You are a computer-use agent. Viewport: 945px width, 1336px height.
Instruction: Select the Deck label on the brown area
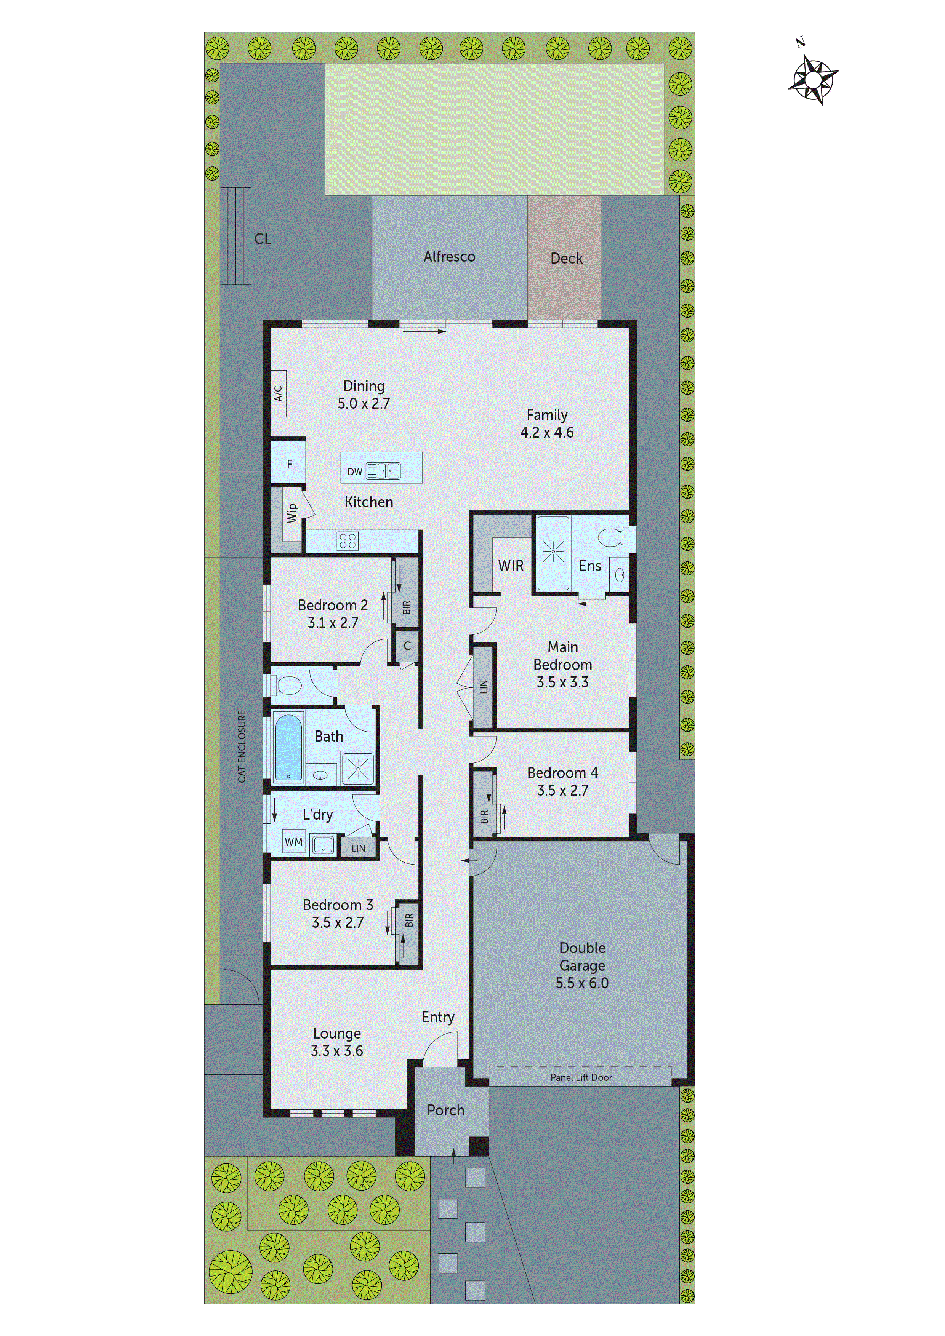point(566,258)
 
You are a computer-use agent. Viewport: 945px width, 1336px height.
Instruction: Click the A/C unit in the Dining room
point(278,393)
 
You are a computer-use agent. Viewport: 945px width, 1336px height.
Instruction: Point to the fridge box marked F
point(289,464)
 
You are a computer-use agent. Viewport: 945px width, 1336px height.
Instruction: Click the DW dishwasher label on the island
point(355,471)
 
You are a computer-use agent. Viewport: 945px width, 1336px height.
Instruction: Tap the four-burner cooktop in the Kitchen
point(348,541)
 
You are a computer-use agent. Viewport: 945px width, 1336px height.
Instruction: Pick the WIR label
point(511,566)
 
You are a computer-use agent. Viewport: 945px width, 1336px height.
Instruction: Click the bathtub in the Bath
point(288,747)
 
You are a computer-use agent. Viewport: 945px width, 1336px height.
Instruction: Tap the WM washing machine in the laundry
point(293,841)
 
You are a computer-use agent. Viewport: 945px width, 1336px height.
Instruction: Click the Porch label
point(445,1110)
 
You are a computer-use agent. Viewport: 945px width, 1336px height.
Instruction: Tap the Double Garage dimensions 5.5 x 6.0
point(582,983)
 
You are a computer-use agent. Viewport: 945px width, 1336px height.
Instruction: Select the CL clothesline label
point(263,238)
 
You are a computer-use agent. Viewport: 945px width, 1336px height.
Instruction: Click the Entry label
point(438,1016)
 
